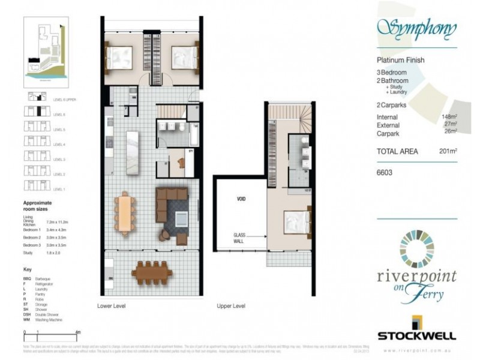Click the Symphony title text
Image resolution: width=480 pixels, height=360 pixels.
416,28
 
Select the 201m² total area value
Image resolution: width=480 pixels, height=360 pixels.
448,152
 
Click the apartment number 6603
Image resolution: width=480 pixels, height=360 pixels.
385,172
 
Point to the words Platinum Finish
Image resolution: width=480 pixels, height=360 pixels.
400,60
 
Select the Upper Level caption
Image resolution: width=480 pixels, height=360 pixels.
231,306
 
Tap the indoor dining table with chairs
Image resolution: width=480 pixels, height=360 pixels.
125,213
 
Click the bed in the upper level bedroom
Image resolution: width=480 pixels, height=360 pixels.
296,221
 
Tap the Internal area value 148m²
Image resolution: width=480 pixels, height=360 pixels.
448,117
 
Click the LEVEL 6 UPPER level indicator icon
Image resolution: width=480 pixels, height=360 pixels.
37,97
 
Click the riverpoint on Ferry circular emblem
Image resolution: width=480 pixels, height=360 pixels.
416,248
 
